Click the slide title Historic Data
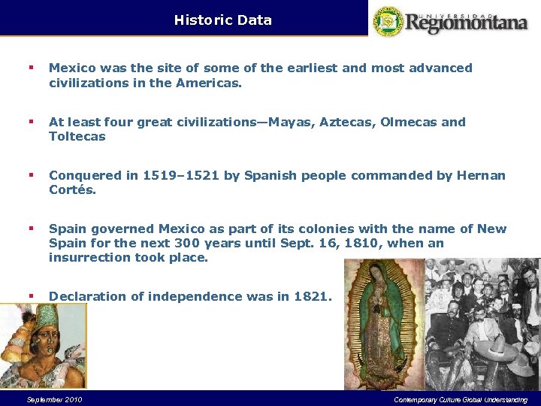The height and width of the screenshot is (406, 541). [222, 20]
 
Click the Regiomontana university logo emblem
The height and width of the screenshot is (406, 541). [388, 21]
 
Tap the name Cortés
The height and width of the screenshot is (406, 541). [73, 189]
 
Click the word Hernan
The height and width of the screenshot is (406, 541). [482, 175]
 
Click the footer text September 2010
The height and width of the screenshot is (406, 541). [54, 399]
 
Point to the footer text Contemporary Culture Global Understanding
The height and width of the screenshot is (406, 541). [461, 399]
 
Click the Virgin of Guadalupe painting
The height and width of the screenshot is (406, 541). [383, 323]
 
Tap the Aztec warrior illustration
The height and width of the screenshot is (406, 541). [43, 344]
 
